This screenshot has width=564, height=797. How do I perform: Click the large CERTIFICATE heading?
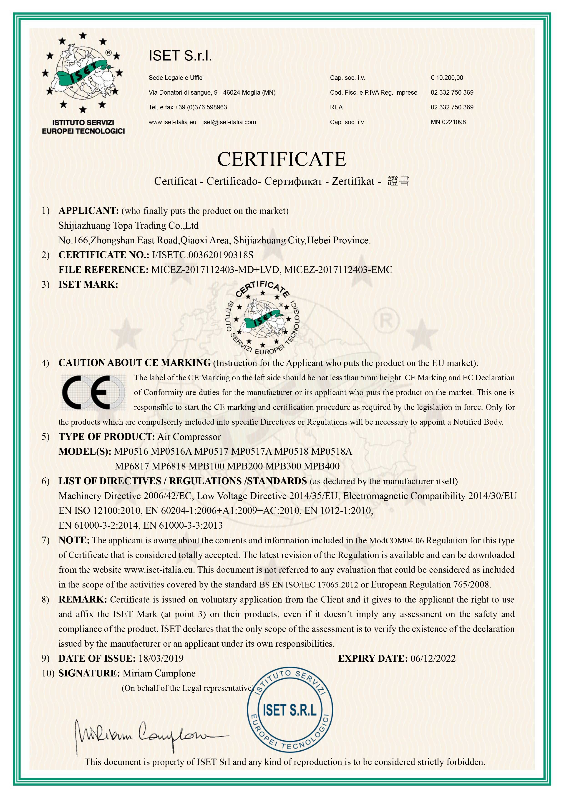[282, 159]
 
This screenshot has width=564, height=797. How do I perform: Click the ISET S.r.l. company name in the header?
[180, 55]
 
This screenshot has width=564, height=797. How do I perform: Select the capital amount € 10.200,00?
[447, 78]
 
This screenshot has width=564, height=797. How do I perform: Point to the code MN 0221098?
[448, 122]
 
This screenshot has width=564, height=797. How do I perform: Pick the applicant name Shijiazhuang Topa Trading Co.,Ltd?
[128, 225]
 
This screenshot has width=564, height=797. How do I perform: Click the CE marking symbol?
[93, 392]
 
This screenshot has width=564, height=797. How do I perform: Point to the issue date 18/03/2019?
[161, 658]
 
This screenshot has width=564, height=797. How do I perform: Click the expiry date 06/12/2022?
[433, 658]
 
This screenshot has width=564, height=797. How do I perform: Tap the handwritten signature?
[146, 737]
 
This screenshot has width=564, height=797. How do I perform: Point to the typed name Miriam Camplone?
[159, 673]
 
